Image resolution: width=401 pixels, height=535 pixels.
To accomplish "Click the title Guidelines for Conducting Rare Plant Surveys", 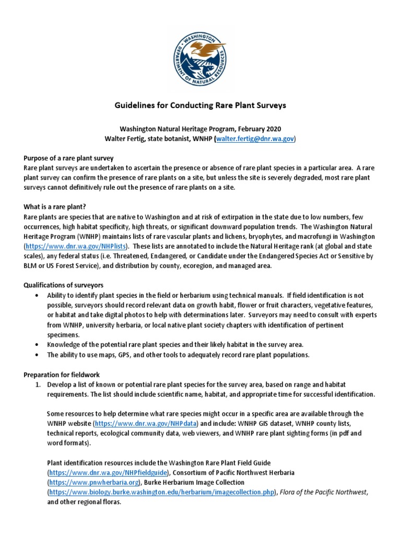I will click(x=200, y=106).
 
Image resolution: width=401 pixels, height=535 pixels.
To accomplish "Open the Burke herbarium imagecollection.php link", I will click(x=161, y=492).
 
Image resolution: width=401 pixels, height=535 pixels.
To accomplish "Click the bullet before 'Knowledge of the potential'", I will click(x=36, y=345).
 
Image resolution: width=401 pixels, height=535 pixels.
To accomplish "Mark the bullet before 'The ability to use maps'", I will click(x=36, y=355).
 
